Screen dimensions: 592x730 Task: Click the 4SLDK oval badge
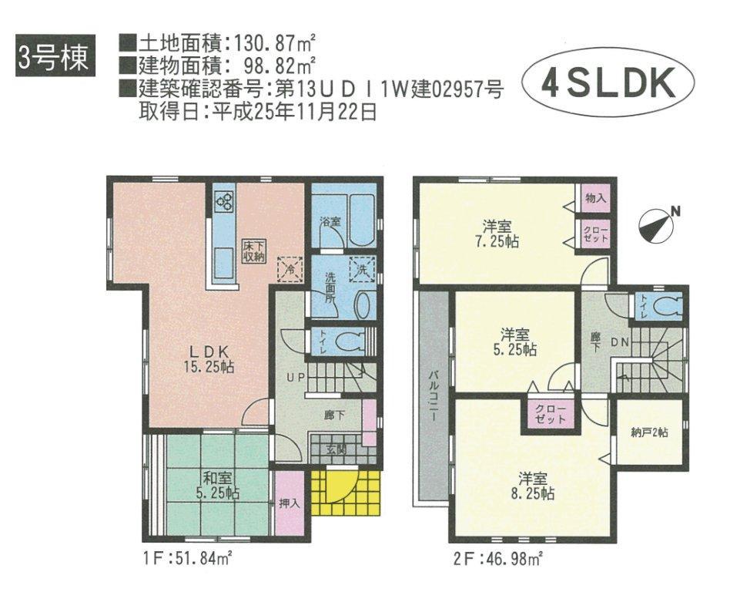click(x=608, y=84)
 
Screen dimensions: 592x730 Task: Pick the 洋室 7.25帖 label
click(x=497, y=233)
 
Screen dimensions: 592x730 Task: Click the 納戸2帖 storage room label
click(x=649, y=433)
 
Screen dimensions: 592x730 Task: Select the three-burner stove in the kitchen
click(x=224, y=202)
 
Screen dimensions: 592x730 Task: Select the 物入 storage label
click(x=595, y=198)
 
